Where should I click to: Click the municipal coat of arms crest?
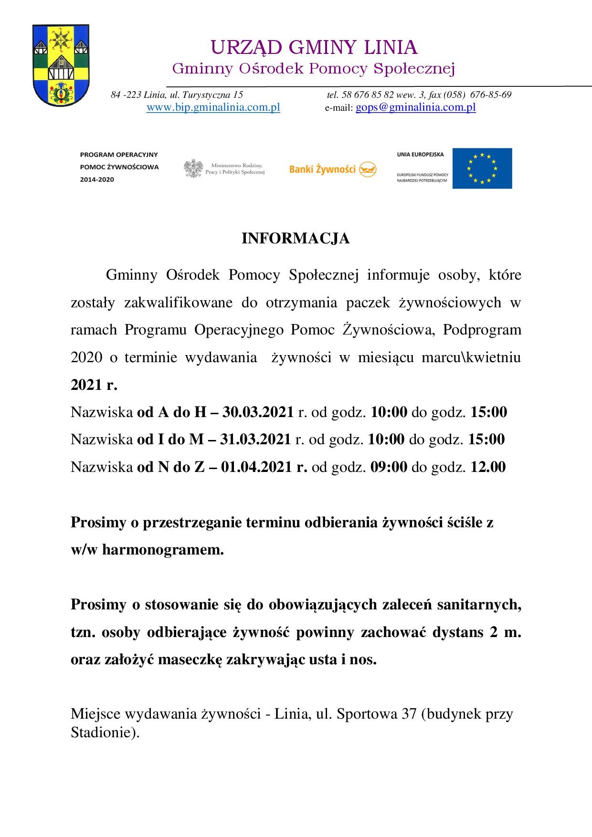tap(60, 66)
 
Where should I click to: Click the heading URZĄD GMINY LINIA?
tap(314, 48)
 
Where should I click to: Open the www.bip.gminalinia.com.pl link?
tap(213, 107)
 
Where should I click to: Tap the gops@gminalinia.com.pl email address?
tap(416, 107)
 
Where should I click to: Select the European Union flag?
tap(482, 168)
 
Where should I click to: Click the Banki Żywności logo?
tap(333, 168)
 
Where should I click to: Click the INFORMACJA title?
tap(296, 239)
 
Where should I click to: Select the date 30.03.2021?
tap(258, 412)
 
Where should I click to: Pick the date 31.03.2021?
tap(255, 439)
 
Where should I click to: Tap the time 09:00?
tap(389, 466)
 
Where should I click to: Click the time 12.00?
tap(488, 466)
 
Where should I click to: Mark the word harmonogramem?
tap(163, 550)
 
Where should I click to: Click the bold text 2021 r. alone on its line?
tap(94, 385)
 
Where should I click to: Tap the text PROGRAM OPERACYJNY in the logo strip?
tap(119, 155)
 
